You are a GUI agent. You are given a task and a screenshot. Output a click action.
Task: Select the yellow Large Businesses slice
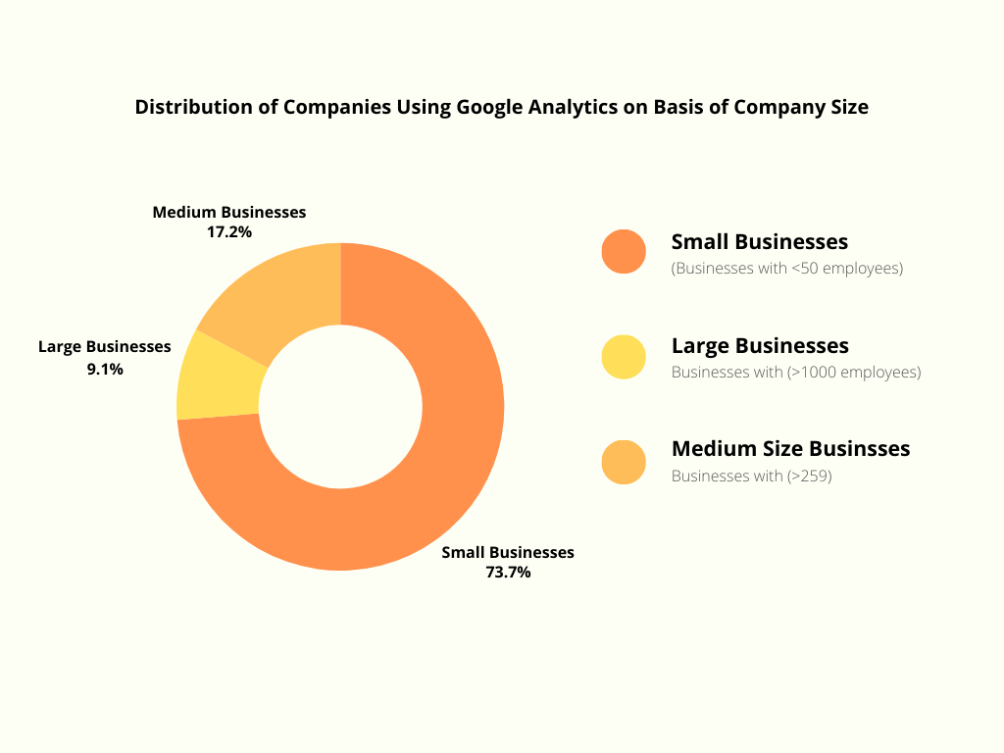(x=218, y=378)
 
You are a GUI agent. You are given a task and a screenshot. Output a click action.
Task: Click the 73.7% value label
(x=508, y=573)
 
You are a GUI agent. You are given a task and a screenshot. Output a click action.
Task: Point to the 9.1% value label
(x=105, y=370)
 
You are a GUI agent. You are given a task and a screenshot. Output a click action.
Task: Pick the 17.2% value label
(x=229, y=232)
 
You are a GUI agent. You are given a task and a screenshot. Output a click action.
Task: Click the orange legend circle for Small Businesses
(x=624, y=252)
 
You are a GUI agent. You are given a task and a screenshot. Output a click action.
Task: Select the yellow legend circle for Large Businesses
(x=624, y=357)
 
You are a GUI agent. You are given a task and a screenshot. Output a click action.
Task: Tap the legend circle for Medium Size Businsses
(x=624, y=462)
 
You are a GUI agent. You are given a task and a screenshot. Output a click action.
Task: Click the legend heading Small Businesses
(x=760, y=241)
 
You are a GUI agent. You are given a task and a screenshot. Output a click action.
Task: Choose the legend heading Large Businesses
(x=760, y=345)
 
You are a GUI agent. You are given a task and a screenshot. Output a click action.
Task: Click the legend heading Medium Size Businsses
(x=790, y=449)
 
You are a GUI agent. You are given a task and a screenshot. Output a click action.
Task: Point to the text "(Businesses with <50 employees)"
(x=786, y=268)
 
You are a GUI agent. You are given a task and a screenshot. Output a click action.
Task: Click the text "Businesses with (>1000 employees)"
(x=796, y=373)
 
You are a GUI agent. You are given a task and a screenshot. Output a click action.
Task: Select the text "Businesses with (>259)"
(x=751, y=477)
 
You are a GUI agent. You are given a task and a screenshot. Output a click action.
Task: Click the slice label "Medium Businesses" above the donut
(x=229, y=212)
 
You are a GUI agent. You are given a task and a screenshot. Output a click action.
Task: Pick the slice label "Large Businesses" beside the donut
(x=105, y=346)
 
